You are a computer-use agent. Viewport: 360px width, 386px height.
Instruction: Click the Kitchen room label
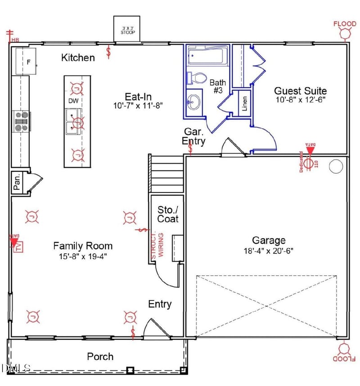[x=78, y=58]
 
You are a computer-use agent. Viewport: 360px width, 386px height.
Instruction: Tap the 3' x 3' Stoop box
[x=128, y=30]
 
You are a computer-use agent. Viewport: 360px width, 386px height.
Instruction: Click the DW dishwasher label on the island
[x=73, y=101]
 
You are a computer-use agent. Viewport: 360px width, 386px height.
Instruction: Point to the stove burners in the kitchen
[x=21, y=121]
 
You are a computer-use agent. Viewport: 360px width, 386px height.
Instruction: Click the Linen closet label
[x=245, y=103]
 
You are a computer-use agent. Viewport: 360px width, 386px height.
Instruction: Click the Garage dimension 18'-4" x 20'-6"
[x=269, y=251]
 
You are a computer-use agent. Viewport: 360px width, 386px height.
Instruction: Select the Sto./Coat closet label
[x=168, y=214]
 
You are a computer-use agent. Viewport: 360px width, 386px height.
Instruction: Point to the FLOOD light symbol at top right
[x=345, y=32]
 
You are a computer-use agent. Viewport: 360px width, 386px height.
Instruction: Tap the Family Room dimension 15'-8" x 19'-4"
[x=83, y=256]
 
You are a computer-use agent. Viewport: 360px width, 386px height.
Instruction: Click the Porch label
[x=100, y=356]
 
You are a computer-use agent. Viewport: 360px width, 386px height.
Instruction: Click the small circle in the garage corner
[x=336, y=166]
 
